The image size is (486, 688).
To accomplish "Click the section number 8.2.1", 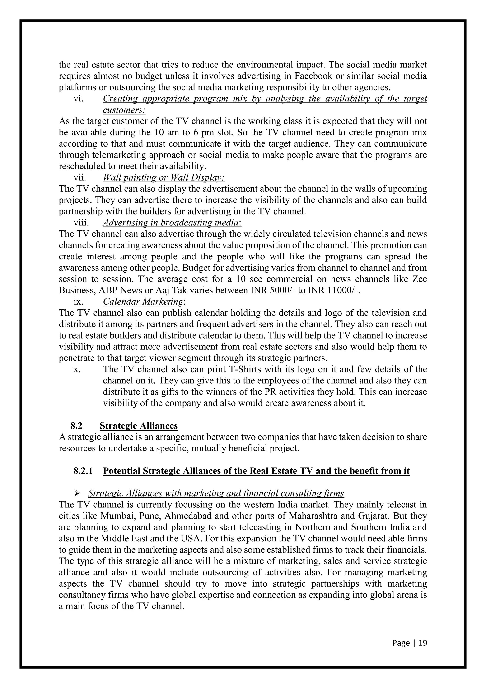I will tap(83, 471).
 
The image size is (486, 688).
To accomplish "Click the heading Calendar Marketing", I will tap(144, 301).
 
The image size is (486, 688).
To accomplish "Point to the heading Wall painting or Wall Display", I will tap(164, 178).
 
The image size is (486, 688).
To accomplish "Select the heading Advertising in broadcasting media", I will tap(172, 223).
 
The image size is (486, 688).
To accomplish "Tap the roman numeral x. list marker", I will tap(77, 369).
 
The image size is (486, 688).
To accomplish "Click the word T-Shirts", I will tap(248, 369).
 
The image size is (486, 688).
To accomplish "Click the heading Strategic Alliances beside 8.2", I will tap(139, 426).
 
